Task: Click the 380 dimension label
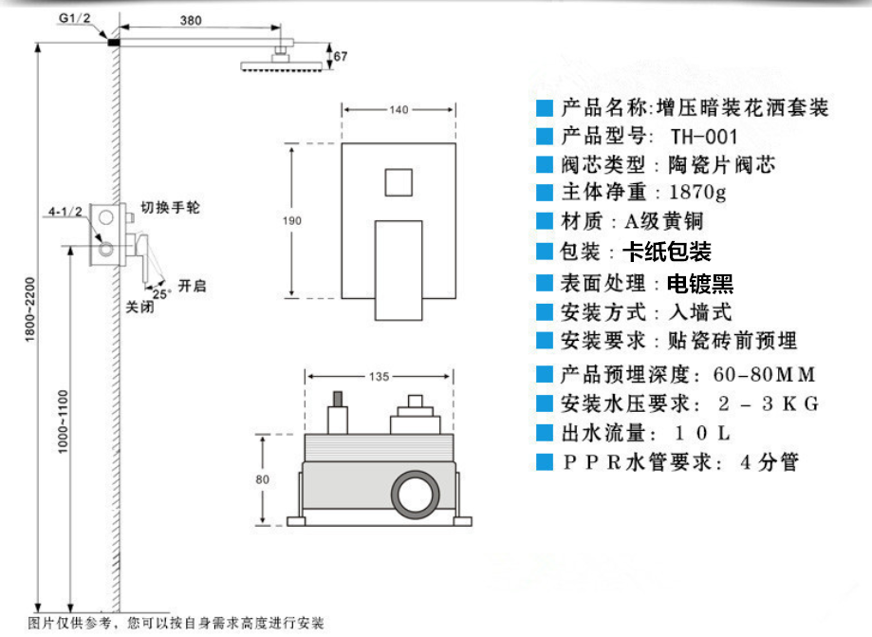[191, 21]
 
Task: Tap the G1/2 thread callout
[75, 18]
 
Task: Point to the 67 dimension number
[341, 56]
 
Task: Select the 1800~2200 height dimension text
[30, 309]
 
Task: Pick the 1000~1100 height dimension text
[64, 422]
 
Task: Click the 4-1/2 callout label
[65, 212]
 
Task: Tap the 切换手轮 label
[170, 208]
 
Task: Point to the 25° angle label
[161, 293]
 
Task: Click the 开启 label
[193, 286]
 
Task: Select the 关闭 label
[139, 307]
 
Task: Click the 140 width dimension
[399, 109]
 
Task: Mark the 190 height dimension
[292, 221]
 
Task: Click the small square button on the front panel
[399, 182]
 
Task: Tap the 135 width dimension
[380, 377]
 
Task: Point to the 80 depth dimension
[263, 479]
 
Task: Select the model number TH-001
[703, 137]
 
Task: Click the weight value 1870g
[697, 193]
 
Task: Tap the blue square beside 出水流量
[545, 433]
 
